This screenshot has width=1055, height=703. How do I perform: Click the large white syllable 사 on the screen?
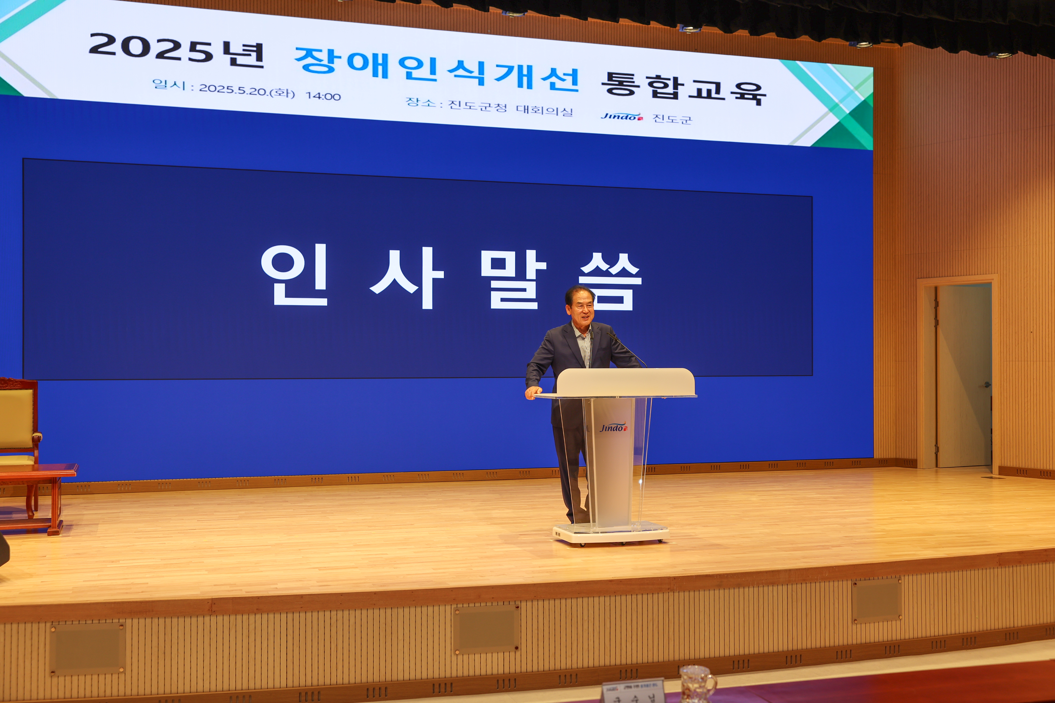(x=406, y=278)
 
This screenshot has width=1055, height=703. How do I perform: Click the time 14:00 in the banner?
(x=323, y=96)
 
